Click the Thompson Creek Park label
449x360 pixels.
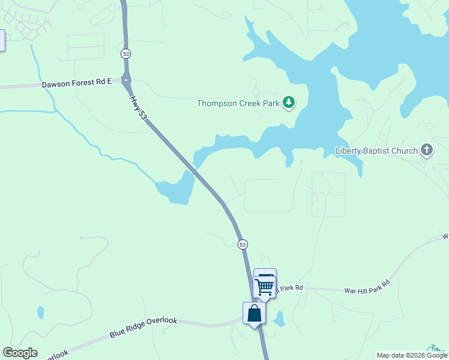tap(238, 103)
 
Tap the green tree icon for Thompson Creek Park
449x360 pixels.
tap(289, 103)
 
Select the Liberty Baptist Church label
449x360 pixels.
tap(376, 151)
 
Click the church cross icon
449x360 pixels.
tap(427, 150)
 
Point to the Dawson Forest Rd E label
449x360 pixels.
tap(77, 84)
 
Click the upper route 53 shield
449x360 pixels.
tap(125, 53)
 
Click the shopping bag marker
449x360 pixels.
tap(254, 313)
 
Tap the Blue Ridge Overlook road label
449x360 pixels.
tap(143, 328)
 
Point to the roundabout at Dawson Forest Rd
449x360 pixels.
tap(126, 79)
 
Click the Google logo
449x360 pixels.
tap(20, 353)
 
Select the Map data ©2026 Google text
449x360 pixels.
tap(412, 355)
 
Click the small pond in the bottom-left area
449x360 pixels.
tap(40, 313)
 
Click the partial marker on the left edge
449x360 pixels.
tap(2, 40)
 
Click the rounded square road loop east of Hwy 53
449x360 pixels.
tap(261, 195)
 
